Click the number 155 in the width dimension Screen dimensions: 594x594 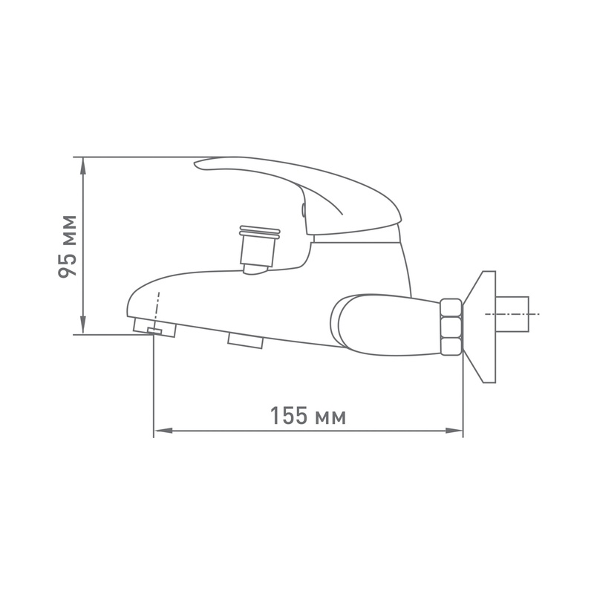[x=288, y=416]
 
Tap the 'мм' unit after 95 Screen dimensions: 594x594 [x=68, y=229]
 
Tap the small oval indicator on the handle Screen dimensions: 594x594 [x=303, y=211]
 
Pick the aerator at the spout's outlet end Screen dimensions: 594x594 [x=154, y=327]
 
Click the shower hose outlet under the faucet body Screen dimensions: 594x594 [x=245, y=341]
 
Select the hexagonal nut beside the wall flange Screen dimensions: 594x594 [x=451, y=327]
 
